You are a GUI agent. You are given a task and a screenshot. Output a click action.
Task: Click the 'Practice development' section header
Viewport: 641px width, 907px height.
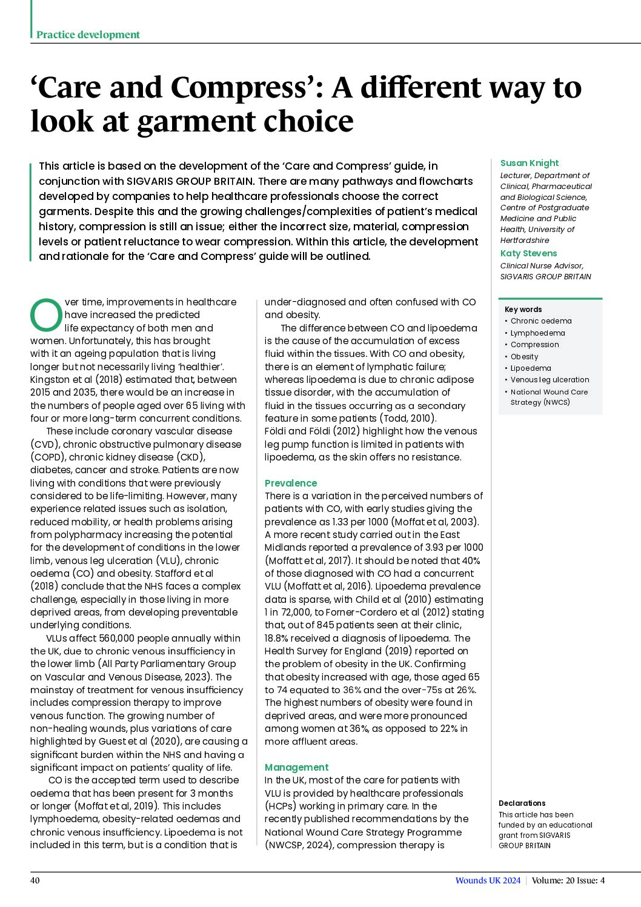pyautogui.click(x=88, y=35)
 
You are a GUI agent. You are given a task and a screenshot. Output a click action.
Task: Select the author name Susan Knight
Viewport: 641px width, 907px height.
pyautogui.click(x=529, y=163)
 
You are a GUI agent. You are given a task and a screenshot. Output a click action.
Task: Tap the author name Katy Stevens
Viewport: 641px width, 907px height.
pyautogui.click(x=528, y=253)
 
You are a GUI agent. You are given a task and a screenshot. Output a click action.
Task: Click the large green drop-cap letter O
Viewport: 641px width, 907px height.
pyautogui.click(x=46, y=315)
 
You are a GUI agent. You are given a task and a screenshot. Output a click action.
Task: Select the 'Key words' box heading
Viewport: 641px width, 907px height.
pyautogui.click(x=523, y=310)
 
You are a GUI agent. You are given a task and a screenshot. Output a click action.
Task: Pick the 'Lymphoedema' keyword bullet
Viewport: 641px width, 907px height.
pyautogui.click(x=537, y=333)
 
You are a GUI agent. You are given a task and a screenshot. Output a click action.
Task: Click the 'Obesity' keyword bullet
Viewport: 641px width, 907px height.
pyautogui.click(x=524, y=357)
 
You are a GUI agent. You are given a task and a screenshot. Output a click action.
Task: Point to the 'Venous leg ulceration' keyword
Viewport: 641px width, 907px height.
pyautogui.click(x=550, y=380)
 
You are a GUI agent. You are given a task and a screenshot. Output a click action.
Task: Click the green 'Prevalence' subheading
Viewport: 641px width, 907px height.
pyautogui.click(x=291, y=483)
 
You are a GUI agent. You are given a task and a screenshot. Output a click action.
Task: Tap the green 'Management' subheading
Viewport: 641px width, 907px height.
pyautogui.click(x=296, y=767)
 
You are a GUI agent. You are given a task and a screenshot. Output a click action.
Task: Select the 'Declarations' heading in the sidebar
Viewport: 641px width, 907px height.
pyautogui.click(x=522, y=803)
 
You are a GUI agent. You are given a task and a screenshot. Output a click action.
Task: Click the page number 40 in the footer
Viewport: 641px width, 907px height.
pyautogui.click(x=35, y=880)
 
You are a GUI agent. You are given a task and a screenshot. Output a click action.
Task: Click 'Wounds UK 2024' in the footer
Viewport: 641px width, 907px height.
pyautogui.click(x=488, y=880)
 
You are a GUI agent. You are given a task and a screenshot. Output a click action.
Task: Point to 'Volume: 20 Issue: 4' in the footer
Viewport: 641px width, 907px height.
pyautogui.click(x=568, y=880)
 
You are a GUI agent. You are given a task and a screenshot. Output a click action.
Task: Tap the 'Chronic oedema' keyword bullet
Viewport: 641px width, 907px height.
pyautogui.click(x=541, y=321)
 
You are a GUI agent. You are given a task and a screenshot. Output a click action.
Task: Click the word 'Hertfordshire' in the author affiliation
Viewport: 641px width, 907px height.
pyautogui.click(x=525, y=241)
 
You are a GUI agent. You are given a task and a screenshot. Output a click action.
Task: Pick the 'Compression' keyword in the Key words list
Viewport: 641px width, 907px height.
pyautogui.click(x=534, y=345)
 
